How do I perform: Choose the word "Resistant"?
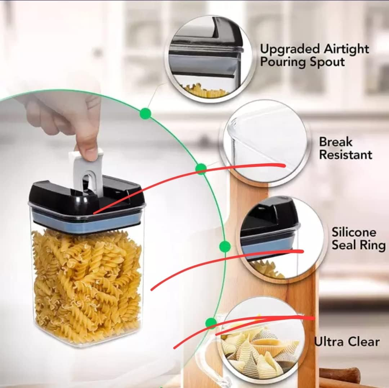345,155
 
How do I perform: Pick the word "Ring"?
372,245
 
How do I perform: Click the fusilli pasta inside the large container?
86,284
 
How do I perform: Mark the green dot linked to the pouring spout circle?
145,113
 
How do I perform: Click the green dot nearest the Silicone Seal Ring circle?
225,246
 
